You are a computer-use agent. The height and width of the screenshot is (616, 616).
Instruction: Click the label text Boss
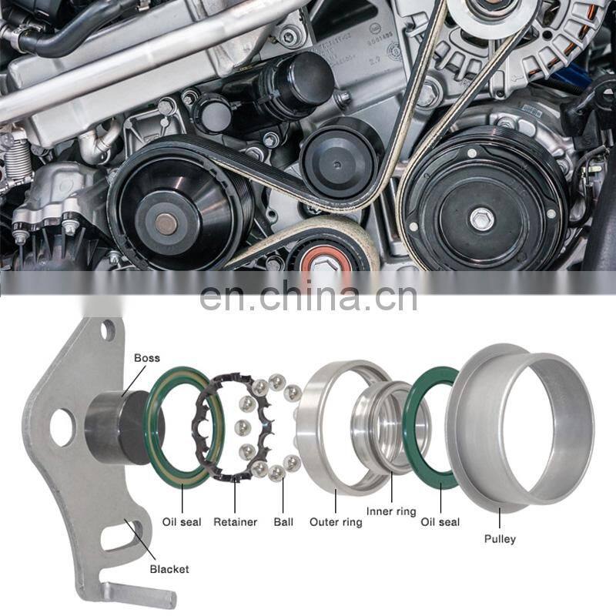(147, 358)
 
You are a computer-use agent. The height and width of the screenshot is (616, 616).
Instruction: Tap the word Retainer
(236, 522)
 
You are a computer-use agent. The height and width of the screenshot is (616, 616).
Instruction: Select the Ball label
(283, 522)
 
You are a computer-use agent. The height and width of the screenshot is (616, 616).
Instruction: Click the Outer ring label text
(336, 522)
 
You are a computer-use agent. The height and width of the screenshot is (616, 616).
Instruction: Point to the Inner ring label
(391, 511)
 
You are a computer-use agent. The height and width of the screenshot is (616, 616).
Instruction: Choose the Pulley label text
(500, 539)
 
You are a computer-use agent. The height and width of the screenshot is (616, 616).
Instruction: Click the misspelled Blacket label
(169, 569)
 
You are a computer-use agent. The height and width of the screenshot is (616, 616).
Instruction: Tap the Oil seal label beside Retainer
(182, 522)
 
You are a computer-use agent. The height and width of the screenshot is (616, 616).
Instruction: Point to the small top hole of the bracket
(108, 330)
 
